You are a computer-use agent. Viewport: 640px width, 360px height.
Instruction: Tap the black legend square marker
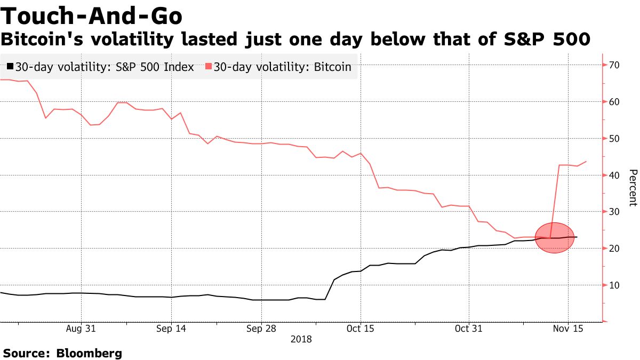pyautogui.click(x=10, y=67)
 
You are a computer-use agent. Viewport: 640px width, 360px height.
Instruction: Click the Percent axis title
pyautogui.click(x=633, y=188)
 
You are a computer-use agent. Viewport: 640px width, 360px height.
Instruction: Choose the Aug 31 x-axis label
pyautogui.click(x=82, y=329)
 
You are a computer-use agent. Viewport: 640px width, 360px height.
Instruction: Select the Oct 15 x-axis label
pyautogui.click(x=360, y=329)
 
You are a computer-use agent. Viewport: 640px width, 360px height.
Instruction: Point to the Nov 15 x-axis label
pyautogui.click(x=567, y=329)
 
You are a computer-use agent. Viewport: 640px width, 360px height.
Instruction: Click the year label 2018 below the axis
pyautogui.click(x=301, y=339)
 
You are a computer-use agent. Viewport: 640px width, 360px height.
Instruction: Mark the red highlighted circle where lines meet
pyautogui.click(x=555, y=238)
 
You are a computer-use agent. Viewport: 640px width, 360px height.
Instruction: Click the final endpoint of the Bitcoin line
pyautogui.click(x=587, y=161)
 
